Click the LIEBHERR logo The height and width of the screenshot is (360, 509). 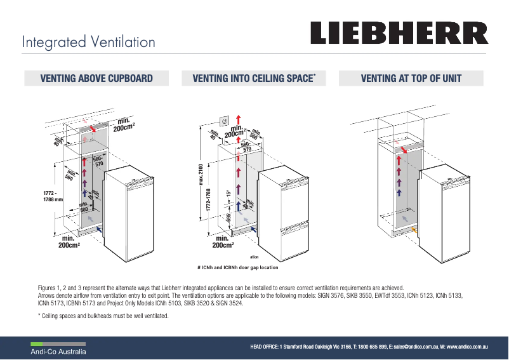click(x=399, y=34)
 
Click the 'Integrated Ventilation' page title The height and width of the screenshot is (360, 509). click(x=88, y=43)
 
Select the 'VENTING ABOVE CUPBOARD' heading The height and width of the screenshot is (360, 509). click(x=96, y=79)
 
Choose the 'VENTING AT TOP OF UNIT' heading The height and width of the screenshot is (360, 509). click(x=411, y=79)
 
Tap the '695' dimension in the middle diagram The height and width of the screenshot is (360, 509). click(x=229, y=218)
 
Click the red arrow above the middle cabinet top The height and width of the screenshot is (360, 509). click(x=239, y=120)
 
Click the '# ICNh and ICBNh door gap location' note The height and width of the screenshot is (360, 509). click(x=238, y=267)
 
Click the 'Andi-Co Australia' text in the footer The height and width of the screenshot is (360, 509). click(x=60, y=351)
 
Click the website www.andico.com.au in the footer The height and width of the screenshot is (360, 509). click(x=466, y=347)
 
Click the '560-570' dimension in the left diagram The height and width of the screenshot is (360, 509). click(x=98, y=161)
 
